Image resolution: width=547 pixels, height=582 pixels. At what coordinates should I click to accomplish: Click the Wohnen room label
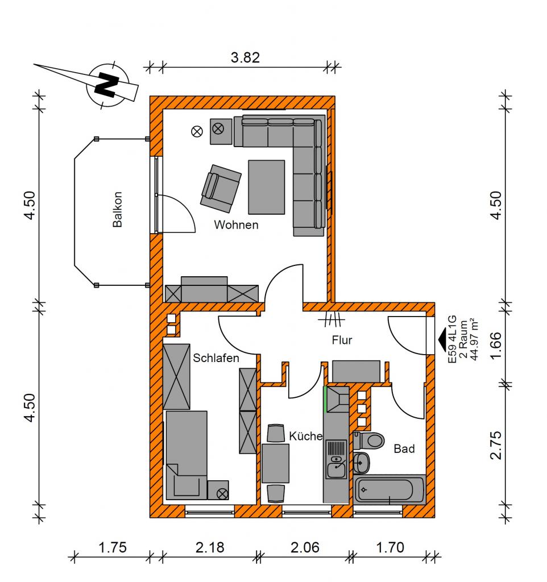point(236,225)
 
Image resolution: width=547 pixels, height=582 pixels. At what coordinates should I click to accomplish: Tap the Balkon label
point(117,209)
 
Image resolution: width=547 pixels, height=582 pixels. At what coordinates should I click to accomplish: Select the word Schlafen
point(216,358)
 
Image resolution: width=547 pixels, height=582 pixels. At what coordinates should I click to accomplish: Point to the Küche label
point(305,436)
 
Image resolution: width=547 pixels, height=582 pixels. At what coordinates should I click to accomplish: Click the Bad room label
point(404,449)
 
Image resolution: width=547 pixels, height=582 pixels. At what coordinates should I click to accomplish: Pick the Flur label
point(342,340)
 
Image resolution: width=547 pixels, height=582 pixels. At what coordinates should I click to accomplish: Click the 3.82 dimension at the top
point(245,57)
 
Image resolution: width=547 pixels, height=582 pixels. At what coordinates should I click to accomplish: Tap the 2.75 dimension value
point(496,446)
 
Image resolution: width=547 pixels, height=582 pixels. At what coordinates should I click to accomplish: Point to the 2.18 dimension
point(210,547)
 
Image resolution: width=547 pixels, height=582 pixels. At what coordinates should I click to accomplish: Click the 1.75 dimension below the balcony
point(112,547)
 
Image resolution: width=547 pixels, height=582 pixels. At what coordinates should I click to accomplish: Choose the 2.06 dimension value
point(305,547)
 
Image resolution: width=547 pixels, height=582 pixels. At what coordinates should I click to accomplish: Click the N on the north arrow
point(107,85)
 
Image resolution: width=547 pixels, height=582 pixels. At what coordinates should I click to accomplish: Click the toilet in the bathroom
point(369,440)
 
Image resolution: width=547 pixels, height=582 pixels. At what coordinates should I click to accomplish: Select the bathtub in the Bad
point(389,489)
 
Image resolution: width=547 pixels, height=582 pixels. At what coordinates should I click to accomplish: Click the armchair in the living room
point(221,189)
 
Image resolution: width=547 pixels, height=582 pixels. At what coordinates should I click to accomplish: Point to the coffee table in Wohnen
point(267,187)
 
